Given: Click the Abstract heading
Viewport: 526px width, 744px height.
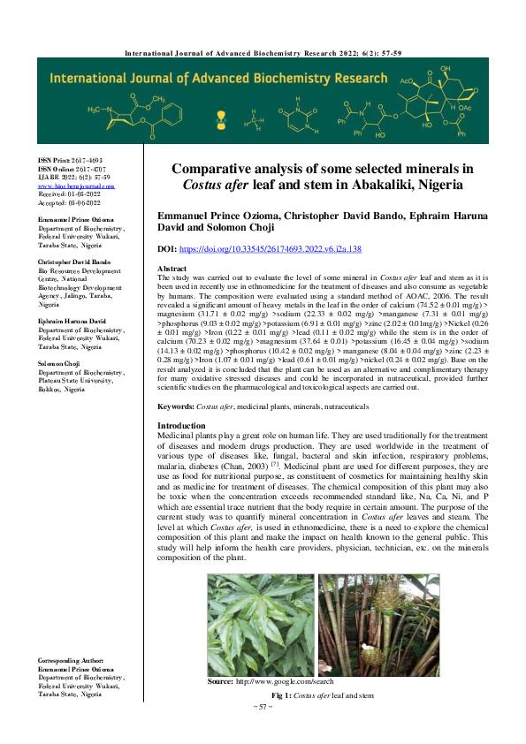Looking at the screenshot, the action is click(172, 268).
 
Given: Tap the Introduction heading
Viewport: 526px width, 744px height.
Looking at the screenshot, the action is click(181, 426).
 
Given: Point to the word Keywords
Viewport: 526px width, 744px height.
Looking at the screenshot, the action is click(175, 406).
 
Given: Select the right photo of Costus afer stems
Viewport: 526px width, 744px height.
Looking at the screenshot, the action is click(378, 625).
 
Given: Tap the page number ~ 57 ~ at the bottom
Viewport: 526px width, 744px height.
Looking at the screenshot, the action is click(263, 707).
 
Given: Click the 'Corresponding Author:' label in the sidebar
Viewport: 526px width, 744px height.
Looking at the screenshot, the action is click(71, 660).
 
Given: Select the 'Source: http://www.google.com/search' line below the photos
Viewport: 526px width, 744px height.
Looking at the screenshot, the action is click(271, 682).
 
